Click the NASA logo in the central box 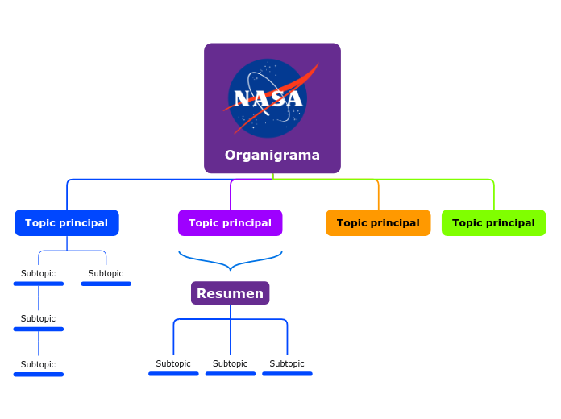pyautogui.click(x=268, y=98)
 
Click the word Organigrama pyautogui.click(x=272, y=155)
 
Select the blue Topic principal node pyautogui.click(x=67, y=222)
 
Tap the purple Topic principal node pyautogui.click(x=230, y=222)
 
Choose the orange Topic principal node pyautogui.click(x=378, y=222)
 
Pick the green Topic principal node pyautogui.click(x=493, y=222)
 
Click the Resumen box pyautogui.click(x=230, y=293)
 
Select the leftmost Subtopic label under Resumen pyautogui.click(x=173, y=363)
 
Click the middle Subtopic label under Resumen pyautogui.click(x=230, y=363)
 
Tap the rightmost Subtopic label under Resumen pyautogui.click(x=287, y=363)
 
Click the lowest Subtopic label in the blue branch pyautogui.click(x=38, y=364)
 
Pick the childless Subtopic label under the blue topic pyautogui.click(x=106, y=273)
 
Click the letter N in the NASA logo pyautogui.click(x=241, y=98)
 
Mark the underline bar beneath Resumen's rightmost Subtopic pyautogui.click(x=287, y=374)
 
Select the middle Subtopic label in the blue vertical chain pyautogui.click(x=38, y=318)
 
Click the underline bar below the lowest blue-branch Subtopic pyautogui.click(x=38, y=375)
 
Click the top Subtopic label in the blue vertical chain pyautogui.click(x=38, y=273)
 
